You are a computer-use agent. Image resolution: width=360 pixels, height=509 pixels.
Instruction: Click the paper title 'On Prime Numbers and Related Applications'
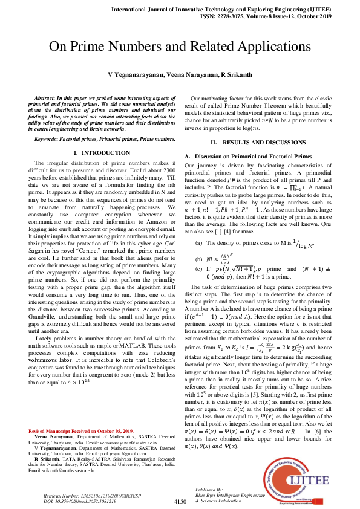click(180, 47)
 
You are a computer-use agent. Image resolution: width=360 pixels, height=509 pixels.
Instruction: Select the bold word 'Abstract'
click(45, 98)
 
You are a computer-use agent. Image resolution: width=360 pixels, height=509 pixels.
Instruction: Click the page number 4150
click(180, 501)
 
